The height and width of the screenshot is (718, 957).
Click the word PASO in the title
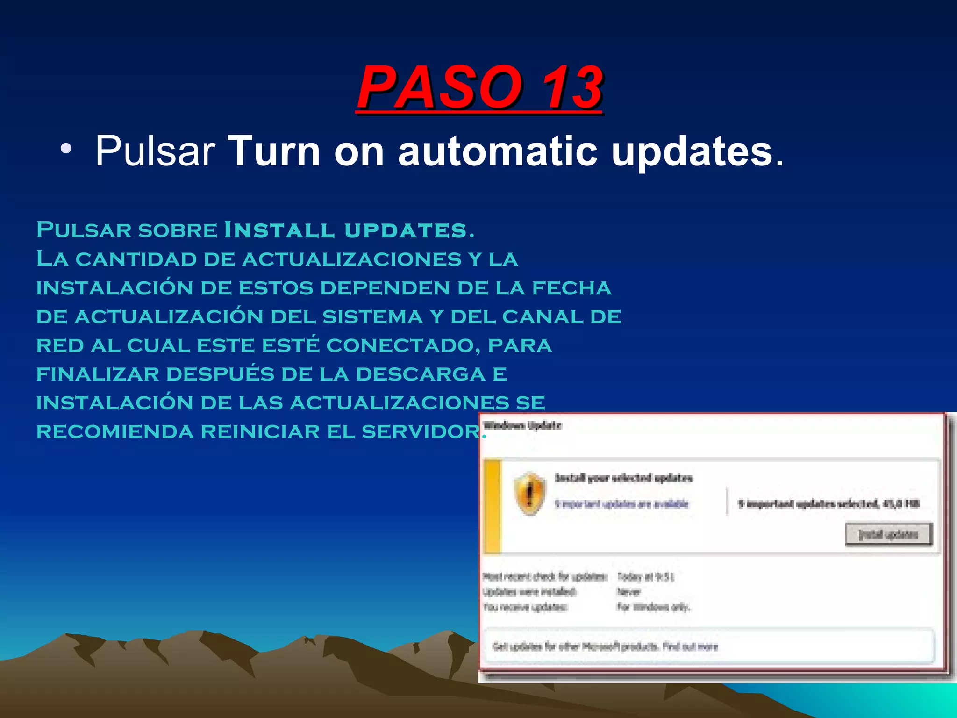click(439, 87)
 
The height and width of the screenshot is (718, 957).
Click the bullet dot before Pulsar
click(66, 150)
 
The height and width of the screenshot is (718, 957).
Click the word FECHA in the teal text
click(572, 288)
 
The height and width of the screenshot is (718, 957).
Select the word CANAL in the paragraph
click(542, 317)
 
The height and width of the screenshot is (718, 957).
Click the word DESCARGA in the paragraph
click(421, 374)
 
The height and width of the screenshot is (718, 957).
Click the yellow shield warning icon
click(529, 493)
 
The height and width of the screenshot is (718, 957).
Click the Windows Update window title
click(522, 425)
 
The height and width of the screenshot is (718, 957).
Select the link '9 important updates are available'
click(621, 504)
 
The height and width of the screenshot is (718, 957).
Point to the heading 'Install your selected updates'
click(623, 478)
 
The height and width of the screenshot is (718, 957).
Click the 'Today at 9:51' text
click(646, 577)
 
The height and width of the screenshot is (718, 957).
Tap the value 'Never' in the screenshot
click(628, 592)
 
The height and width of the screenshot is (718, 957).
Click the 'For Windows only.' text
click(653, 607)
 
